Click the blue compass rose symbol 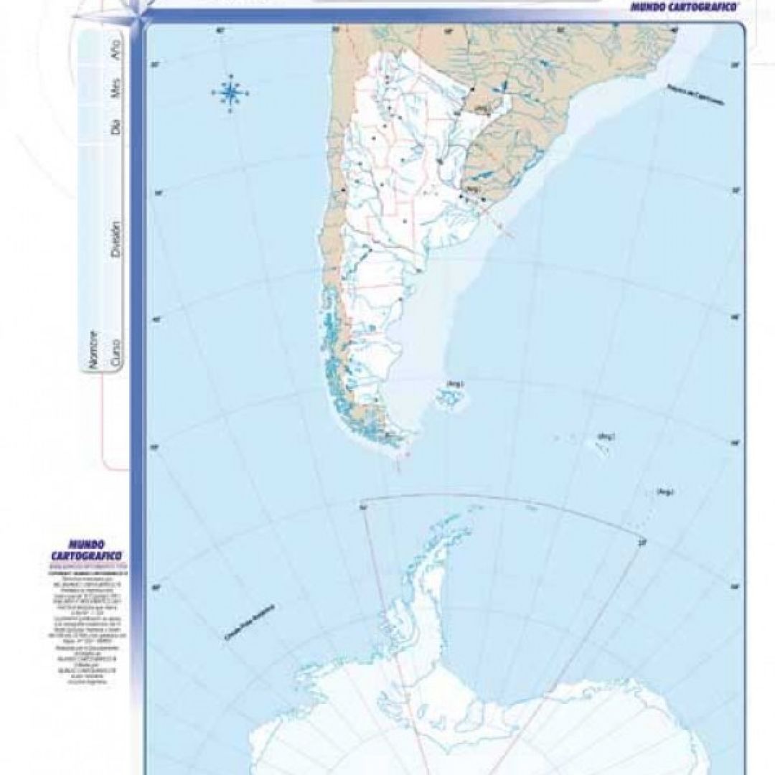pos(230,92)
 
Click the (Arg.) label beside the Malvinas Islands pos(454,383)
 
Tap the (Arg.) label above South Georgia pos(611,436)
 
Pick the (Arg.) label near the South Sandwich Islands pos(664,492)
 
